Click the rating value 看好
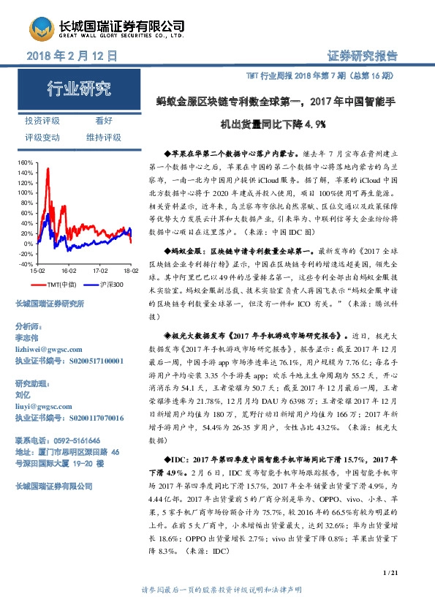point(103,121)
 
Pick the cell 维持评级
point(103,138)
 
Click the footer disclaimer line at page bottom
point(217,590)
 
